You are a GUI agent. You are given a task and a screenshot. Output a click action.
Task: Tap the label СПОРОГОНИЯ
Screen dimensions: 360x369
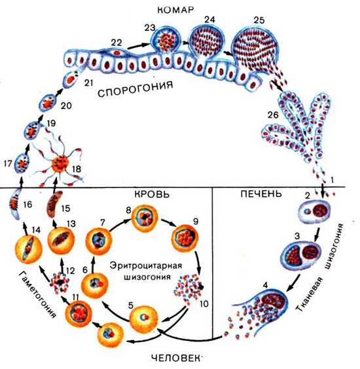pos(135,89)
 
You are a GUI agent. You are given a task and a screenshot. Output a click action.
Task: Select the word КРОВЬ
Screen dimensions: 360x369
pos(152,194)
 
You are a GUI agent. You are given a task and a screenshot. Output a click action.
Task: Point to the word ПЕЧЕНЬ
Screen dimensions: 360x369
pos(261,193)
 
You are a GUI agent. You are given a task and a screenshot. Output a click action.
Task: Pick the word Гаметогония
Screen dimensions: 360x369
pos(37,294)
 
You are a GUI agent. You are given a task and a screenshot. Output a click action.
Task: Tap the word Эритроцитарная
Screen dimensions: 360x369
pos(146,265)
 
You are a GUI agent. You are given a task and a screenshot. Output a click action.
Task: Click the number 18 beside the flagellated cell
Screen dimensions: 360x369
pos(77,169)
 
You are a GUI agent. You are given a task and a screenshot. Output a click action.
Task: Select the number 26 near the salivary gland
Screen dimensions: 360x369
pos(273,115)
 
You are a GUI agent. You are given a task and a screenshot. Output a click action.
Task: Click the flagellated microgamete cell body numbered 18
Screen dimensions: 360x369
pos(60,163)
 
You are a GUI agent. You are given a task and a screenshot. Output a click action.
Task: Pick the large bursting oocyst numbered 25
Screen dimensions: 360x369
pos(255,49)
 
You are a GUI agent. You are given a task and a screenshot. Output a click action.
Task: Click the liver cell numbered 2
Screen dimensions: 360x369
pos(314,211)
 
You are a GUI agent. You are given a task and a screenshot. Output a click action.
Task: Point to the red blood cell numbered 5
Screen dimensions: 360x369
pos(143,319)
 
